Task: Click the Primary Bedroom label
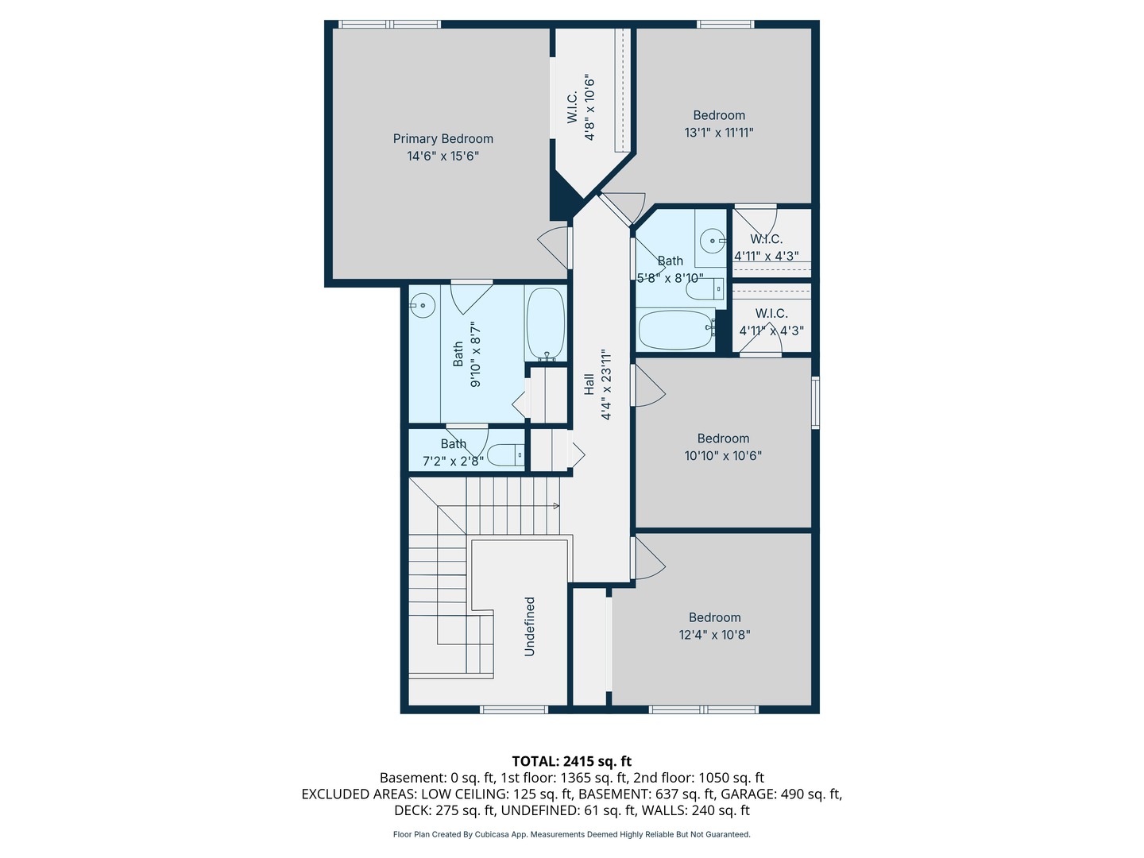tap(443, 139)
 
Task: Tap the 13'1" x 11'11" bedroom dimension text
tap(718, 133)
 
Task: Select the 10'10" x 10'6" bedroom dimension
tap(722, 456)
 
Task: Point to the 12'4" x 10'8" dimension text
tap(714, 635)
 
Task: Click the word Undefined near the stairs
tap(530, 627)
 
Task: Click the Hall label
tap(589, 385)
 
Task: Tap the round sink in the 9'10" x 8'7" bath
tap(423, 305)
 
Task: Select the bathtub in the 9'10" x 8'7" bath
tap(545, 324)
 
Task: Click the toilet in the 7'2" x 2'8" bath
tap(505, 455)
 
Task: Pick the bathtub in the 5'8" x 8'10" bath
tap(676, 330)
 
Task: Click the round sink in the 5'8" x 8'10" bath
tap(712, 240)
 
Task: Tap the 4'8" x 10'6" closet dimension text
tap(589, 108)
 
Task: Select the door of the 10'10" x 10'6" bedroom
tap(648, 385)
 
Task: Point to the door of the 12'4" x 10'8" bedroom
tap(648, 558)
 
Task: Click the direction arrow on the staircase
tap(555, 506)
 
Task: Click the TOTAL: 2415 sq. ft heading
tap(571, 761)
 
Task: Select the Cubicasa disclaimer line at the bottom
tap(571, 834)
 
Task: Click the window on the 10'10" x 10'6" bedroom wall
tap(815, 403)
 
